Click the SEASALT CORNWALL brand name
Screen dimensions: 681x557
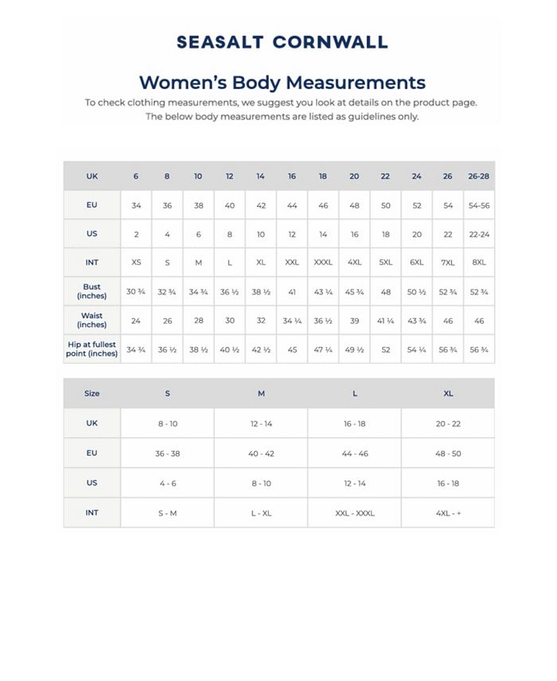coord(282,43)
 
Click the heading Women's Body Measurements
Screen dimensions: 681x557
coord(282,83)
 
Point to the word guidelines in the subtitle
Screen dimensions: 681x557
coord(361,116)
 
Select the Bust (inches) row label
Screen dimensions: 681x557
coord(92,291)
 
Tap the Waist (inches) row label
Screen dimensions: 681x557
coord(92,321)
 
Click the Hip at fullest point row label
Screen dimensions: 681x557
coord(92,349)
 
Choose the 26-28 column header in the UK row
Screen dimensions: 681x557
coord(479,176)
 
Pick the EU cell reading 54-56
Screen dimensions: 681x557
coord(479,205)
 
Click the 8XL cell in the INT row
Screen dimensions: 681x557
coord(479,263)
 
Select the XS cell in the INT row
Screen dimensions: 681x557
coord(136,263)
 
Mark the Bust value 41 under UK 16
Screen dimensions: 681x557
coord(292,292)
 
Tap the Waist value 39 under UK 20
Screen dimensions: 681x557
coord(354,321)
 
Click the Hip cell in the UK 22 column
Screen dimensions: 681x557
coord(386,350)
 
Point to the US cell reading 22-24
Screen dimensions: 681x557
coord(479,234)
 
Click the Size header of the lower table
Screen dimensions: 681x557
coord(92,393)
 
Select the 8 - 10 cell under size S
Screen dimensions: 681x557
coord(167,424)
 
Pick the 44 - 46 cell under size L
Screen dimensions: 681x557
coord(354,453)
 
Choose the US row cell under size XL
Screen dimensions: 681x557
coord(448,483)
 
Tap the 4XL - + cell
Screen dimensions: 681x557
coord(448,513)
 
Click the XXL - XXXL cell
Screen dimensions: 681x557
coord(354,513)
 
